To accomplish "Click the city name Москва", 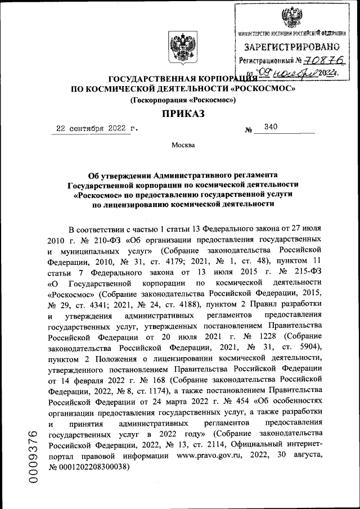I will tap(183, 146).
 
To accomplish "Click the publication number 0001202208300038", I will tap(96, 467).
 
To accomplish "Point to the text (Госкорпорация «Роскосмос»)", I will tap(182, 100).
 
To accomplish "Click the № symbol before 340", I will tap(248, 130).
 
